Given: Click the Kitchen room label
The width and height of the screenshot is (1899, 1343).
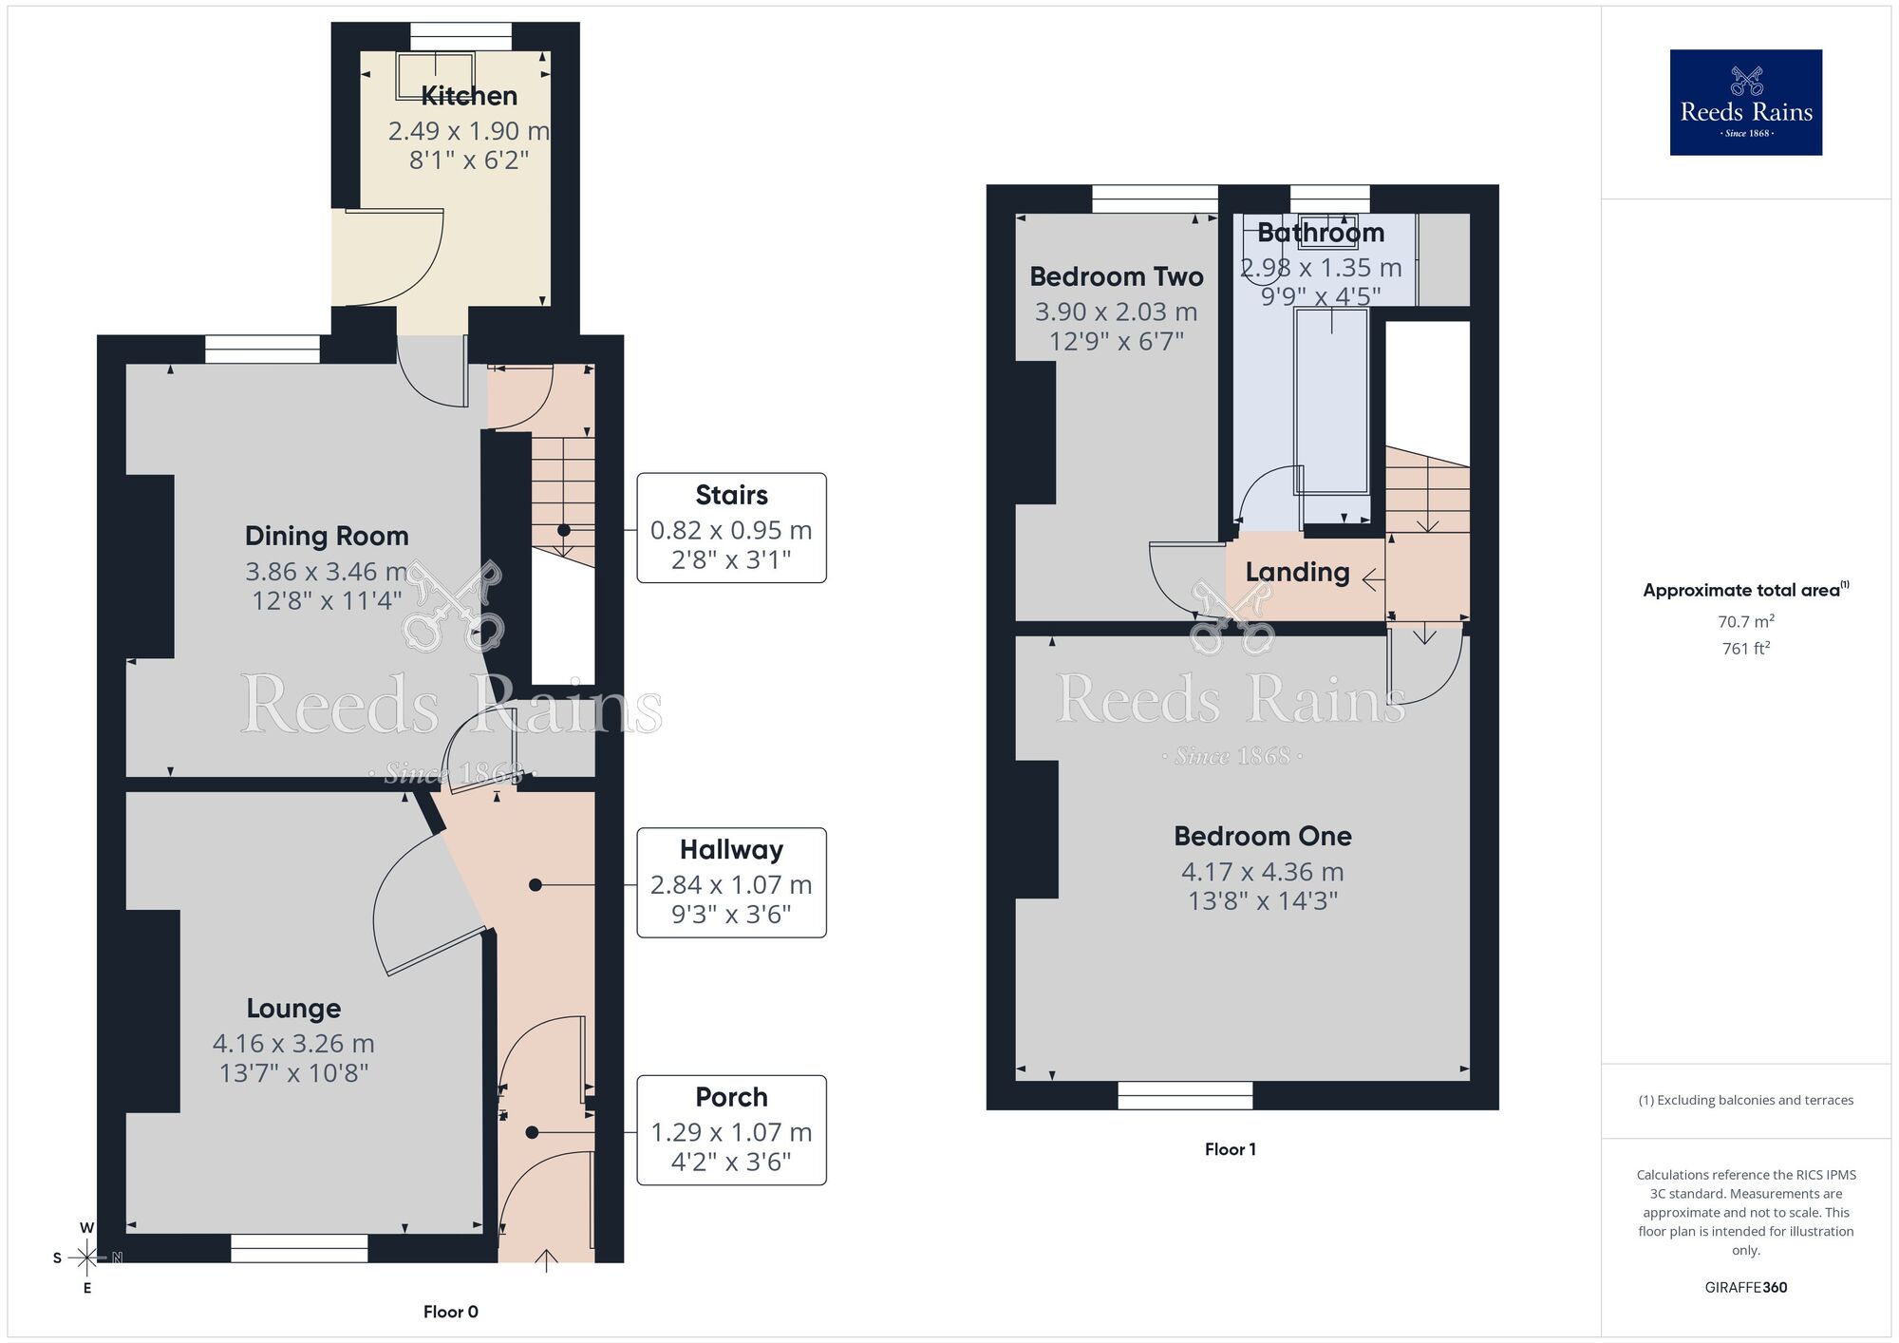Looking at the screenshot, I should click(x=469, y=96).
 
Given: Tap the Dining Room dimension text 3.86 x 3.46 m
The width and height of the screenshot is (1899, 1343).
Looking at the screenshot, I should click(x=326, y=572).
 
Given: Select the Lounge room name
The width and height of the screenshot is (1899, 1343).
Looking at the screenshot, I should click(x=293, y=1009).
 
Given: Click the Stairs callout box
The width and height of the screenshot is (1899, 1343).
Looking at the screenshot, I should click(x=731, y=528).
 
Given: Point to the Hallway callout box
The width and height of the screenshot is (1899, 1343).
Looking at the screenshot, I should click(x=731, y=883).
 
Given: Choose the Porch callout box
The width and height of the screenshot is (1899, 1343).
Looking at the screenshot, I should click(x=731, y=1130).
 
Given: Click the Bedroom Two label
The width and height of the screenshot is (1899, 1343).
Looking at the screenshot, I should click(x=1117, y=277).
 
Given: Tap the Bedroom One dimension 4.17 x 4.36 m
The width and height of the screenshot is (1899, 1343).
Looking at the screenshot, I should click(x=1262, y=872).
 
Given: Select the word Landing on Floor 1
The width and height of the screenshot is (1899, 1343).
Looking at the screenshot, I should click(x=1297, y=573).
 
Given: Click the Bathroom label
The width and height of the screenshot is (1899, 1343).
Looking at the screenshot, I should click(x=1321, y=234).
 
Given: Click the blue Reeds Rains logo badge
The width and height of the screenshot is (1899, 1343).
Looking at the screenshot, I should click(x=1745, y=103).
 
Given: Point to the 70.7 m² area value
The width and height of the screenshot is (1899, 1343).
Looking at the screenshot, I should click(x=1745, y=622).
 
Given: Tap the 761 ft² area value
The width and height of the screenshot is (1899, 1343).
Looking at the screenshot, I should click(x=1745, y=649).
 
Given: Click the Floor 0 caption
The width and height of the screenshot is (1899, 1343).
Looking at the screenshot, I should click(x=451, y=1312).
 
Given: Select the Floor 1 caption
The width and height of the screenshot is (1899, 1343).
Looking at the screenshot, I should click(x=1230, y=1149).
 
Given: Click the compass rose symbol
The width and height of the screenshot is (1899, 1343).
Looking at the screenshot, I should click(x=87, y=1258).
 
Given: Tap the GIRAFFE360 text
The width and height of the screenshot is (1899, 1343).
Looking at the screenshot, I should click(x=1745, y=1288).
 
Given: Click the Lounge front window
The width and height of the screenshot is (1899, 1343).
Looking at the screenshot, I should click(x=299, y=1249).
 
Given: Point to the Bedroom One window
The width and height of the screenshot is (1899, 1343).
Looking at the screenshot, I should click(x=1185, y=1096).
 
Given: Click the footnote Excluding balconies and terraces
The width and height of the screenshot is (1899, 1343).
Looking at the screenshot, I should click(x=1745, y=1101).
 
